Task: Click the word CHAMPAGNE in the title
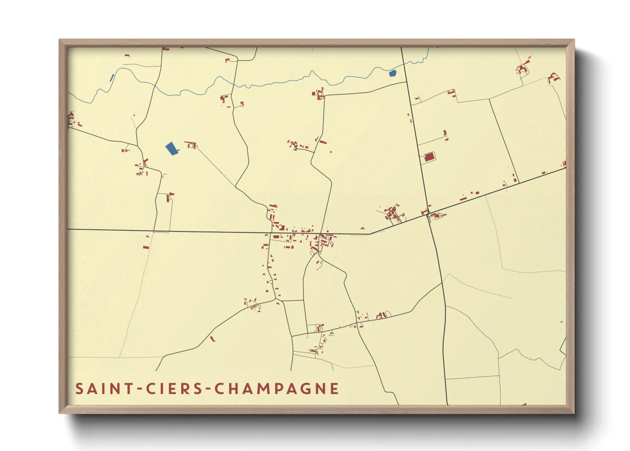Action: pos(276,388)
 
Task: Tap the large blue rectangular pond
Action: pos(172,149)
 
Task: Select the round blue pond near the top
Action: pos(392,73)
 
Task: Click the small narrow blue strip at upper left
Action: pos(112,78)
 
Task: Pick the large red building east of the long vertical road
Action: pos(429,157)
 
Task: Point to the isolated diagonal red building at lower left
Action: pos(212,339)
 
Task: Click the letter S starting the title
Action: pos(79,388)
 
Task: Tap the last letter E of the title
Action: pos(335,388)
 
